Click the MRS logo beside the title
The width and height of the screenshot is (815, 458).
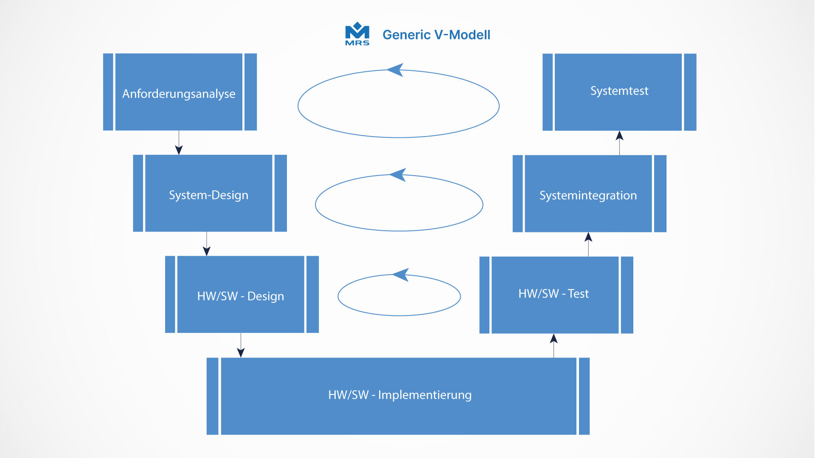tap(357, 34)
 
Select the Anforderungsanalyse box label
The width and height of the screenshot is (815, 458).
tap(179, 94)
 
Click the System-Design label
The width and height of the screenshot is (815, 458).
tap(208, 195)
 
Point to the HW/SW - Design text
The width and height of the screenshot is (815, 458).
tap(240, 296)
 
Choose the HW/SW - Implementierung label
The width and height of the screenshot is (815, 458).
tap(399, 395)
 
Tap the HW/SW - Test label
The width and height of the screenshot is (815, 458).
tap(554, 293)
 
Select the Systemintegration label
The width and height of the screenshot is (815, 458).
tap(588, 195)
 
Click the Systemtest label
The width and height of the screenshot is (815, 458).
tap(619, 91)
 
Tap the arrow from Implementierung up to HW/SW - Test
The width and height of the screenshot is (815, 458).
tap(554, 345)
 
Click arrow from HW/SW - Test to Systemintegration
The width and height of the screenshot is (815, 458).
tap(588, 243)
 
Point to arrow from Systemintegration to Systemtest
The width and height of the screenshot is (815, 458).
tap(619, 142)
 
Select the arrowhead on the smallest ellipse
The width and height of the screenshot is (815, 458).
tap(401, 274)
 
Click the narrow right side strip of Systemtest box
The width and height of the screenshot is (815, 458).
tap(690, 92)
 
